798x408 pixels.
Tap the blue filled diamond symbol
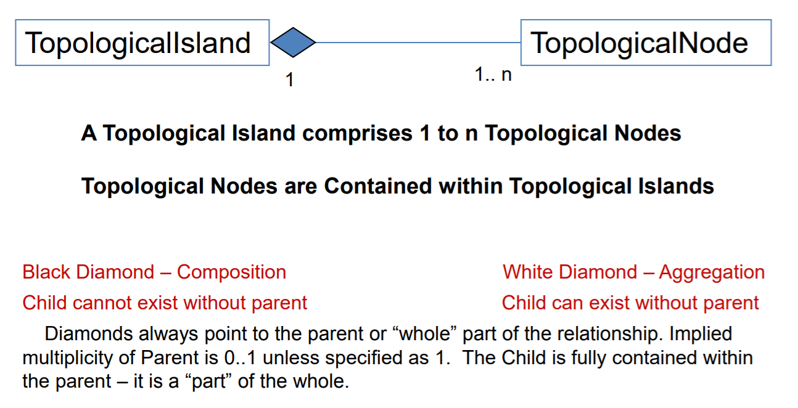click(293, 43)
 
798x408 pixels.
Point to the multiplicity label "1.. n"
click(493, 75)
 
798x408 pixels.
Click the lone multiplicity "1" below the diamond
click(290, 80)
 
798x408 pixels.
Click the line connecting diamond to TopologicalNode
click(418, 43)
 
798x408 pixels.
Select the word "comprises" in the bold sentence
click(357, 134)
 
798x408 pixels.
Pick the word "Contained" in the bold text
click(377, 186)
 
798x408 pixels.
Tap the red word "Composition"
click(231, 272)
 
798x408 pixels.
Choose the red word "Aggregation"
click(712, 272)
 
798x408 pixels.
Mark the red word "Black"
click(46, 272)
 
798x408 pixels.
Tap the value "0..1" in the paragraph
click(240, 357)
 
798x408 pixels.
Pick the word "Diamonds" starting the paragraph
click(89, 333)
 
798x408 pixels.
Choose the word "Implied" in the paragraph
click(701, 334)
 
